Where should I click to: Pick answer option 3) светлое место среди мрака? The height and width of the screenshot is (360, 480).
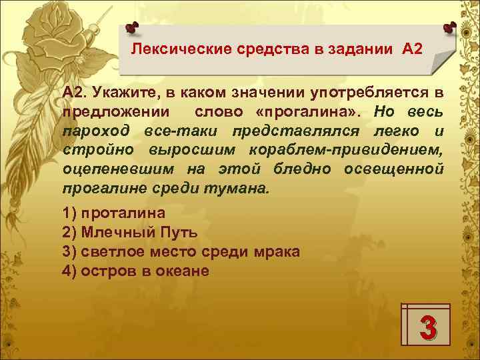(180, 252)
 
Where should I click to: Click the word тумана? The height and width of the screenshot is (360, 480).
(243, 187)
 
